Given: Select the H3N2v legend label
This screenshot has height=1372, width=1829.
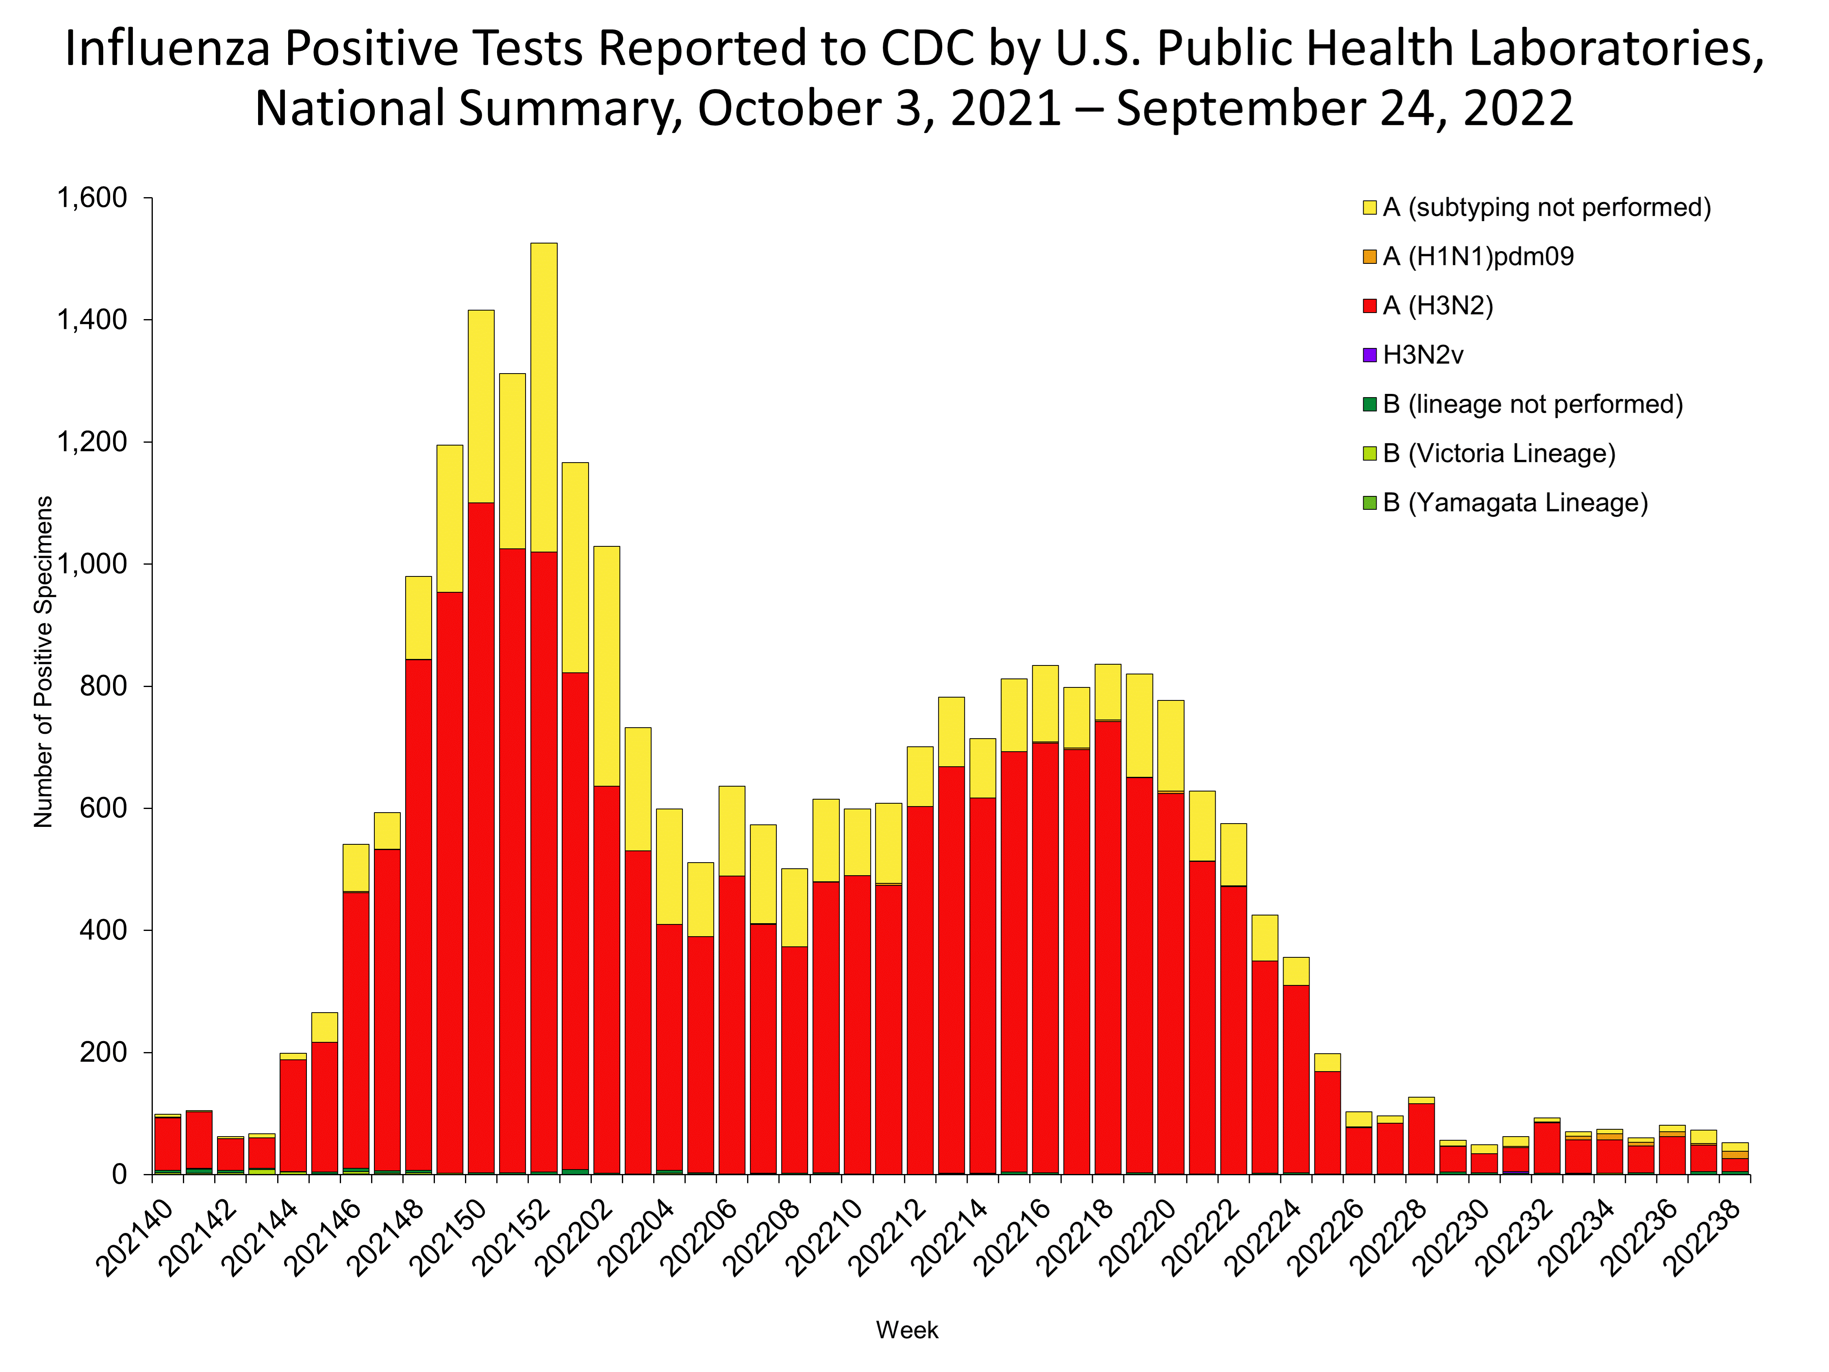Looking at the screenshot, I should point(1423,356).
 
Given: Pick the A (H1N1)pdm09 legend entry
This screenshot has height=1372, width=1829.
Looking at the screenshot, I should point(1477,257).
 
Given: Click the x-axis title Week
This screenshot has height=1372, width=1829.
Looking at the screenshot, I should point(907,1330).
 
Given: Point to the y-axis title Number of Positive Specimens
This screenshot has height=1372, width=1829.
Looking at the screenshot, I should point(43,661).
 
